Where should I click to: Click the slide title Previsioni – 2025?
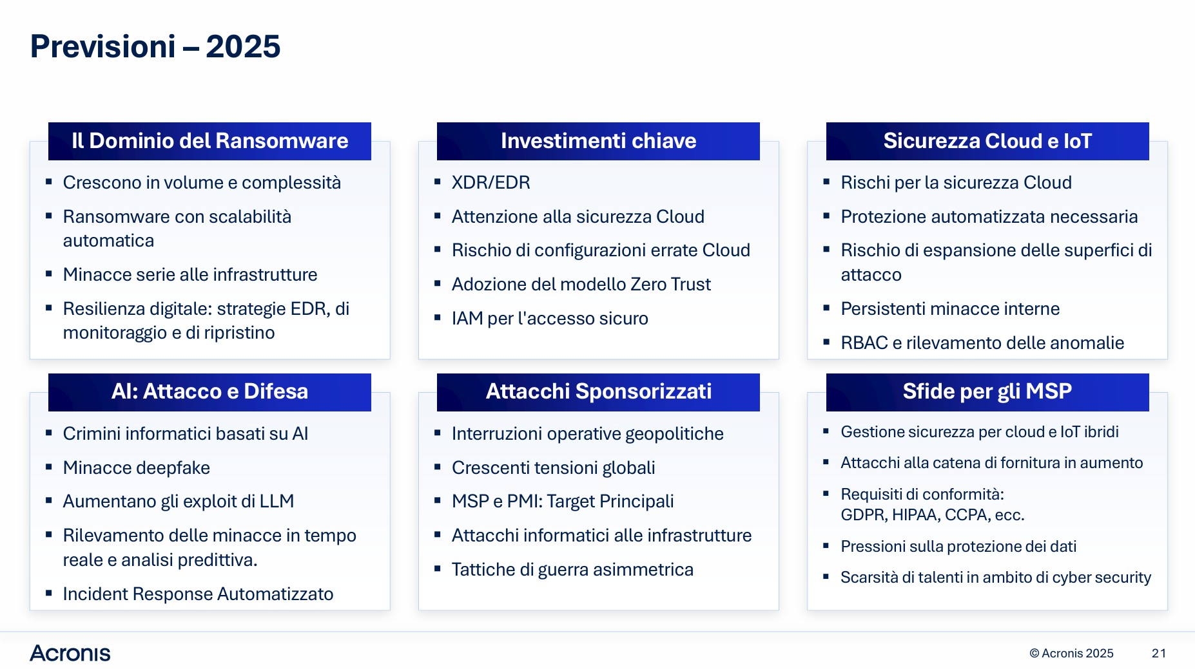pyautogui.click(x=155, y=46)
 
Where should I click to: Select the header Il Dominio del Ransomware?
pyautogui.click(x=209, y=141)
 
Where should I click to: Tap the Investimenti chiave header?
pyautogui.click(x=598, y=141)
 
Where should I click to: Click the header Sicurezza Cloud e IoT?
pyautogui.click(x=987, y=141)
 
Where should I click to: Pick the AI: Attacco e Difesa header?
pyautogui.click(x=209, y=392)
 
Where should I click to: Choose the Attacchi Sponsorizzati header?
pyautogui.click(x=598, y=392)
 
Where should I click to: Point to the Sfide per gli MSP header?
pyautogui.click(x=987, y=392)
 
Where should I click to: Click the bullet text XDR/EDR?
pyautogui.click(x=491, y=183)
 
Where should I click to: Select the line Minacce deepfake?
pyautogui.click(x=137, y=468)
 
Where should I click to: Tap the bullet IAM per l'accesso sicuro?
pyautogui.click(x=550, y=319)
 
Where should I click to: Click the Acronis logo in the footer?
pyautogui.click(x=70, y=654)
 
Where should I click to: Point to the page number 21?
pyautogui.click(x=1159, y=654)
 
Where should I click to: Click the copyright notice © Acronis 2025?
pyautogui.click(x=1071, y=654)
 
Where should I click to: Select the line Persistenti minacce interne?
pyautogui.click(x=950, y=309)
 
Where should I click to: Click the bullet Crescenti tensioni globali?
pyautogui.click(x=554, y=468)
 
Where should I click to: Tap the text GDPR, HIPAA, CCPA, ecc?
pyautogui.click(x=933, y=515)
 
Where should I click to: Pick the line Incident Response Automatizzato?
pyautogui.click(x=199, y=594)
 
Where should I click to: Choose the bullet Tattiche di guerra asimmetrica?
pyautogui.click(x=572, y=570)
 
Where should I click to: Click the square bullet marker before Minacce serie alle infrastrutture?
pyautogui.click(x=48, y=274)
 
